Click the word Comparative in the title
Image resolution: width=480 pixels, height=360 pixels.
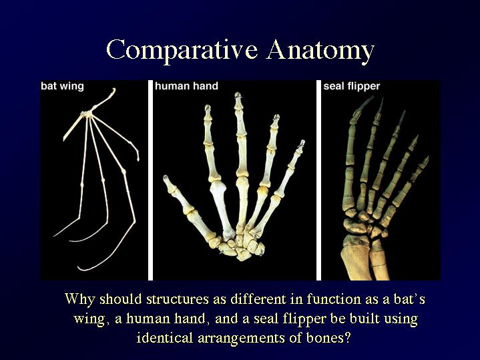click(x=182, y=50)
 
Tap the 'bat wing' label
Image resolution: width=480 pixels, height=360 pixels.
click(x=62, y=86)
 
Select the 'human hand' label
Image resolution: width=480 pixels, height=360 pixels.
click(x=186, y=85)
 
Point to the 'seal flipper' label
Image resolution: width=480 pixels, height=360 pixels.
click(x=351, y=86)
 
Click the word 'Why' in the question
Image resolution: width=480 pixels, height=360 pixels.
click(x=79, y=299)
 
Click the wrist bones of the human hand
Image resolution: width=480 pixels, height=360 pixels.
click(x=240, y=246)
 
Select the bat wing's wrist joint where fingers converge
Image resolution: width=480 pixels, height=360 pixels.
click(x=87, y=114)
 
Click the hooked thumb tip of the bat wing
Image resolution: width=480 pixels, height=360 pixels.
click(x=114, y=89)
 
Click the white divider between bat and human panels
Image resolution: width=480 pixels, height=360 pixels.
click(x=150, y=180)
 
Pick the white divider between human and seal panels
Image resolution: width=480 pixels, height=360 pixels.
click(x=318, y=180)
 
